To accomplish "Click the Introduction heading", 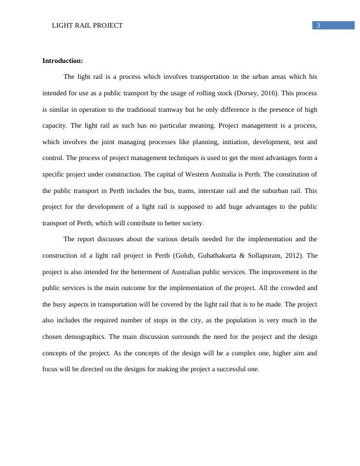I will click(63, 61).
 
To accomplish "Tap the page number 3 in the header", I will click(318, 25).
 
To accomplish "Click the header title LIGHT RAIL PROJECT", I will click(88, 25).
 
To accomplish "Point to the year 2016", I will click(270, 93).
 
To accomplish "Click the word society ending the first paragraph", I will click(192, 223).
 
